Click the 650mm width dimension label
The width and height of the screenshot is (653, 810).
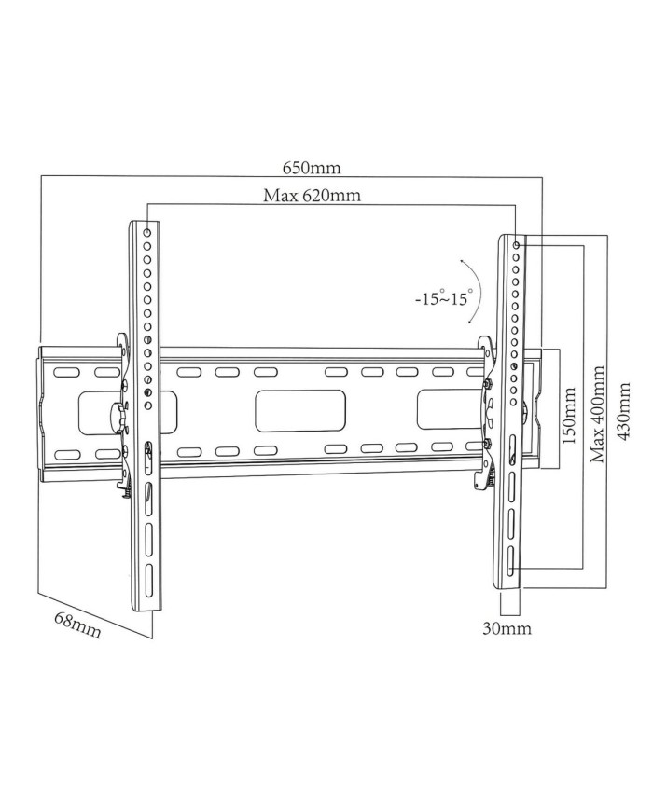click(312, 169)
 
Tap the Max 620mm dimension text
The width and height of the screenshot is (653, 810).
click(312, 196)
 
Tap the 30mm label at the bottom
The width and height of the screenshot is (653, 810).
click(507, 628)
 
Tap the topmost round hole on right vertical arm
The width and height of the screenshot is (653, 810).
click(517, 244)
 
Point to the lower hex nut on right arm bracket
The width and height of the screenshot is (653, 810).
click(487, 443)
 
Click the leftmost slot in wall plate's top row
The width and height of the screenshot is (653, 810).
click(65, 372)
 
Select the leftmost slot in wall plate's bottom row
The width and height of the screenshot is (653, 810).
click(65, 454)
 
